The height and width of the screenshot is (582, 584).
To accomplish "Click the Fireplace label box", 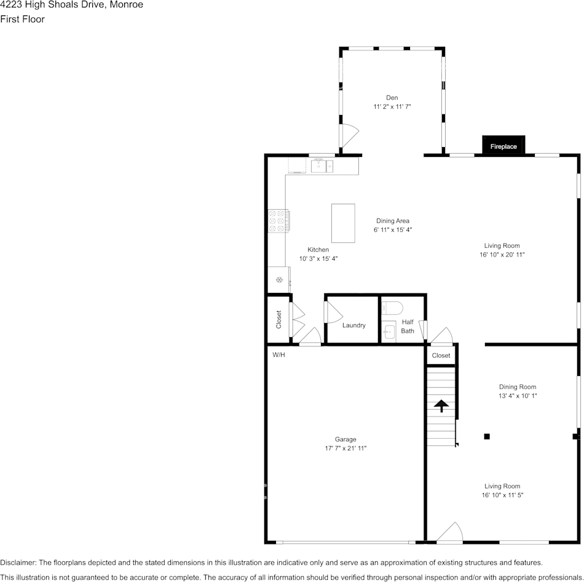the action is click(503, 145).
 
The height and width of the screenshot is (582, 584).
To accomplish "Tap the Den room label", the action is click(392, 98).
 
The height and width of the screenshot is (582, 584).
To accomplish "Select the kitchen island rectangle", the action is click(343, 223).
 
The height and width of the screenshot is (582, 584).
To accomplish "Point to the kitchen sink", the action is click(322, 166).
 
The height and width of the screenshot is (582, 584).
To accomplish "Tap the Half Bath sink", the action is click(389, 331).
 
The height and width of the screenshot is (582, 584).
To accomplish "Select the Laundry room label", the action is click(354, 325).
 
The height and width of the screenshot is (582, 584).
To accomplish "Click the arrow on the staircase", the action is click(442, 405).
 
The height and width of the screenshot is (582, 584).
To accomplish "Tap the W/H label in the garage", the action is click(278, 355).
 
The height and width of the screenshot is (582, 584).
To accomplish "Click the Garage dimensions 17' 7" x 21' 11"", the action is click(345, 448).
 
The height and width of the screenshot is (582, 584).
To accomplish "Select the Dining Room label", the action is click(518, 387).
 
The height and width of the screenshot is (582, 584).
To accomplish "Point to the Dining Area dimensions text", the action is click(393, 229).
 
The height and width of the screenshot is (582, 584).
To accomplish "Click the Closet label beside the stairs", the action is click(441, 356).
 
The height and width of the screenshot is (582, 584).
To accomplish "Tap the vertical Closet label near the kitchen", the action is click(278, 319).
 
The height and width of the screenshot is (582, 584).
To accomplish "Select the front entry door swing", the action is click(449, 532).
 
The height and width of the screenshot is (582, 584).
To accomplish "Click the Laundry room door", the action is click(333, 312).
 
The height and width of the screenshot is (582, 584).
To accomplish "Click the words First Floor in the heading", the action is click(22, 19).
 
